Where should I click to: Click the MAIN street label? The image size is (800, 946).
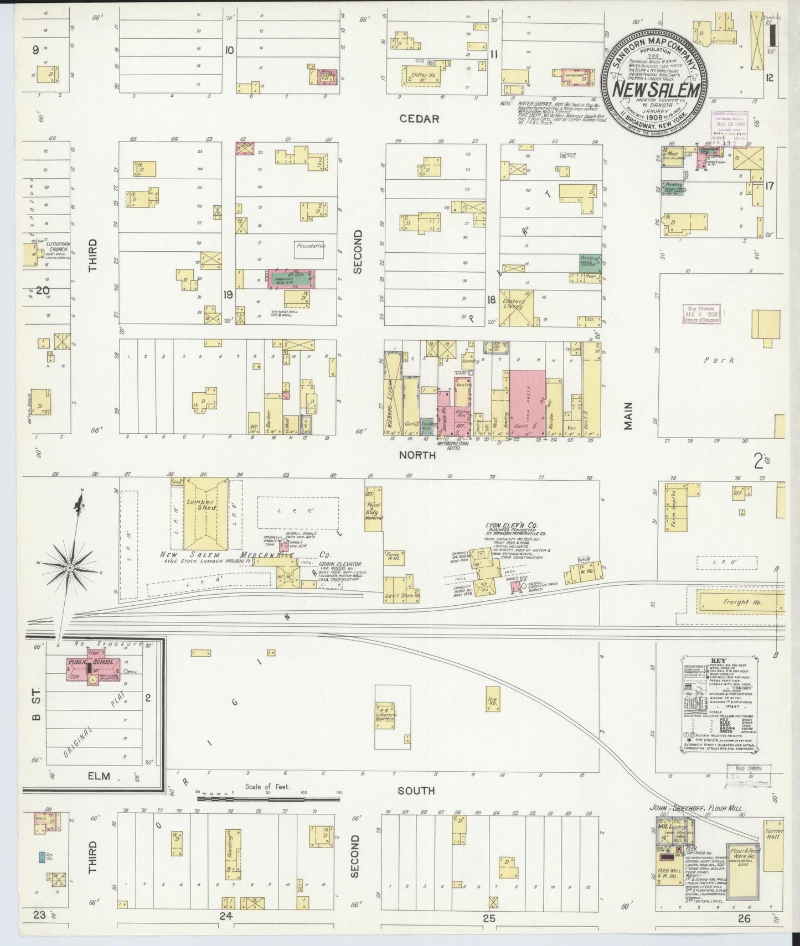[x=628, y=415]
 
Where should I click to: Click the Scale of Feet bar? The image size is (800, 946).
[x=269, y=799]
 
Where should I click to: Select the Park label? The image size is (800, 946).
[x=719, y=360]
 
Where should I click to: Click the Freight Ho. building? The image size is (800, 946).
[x=739, y=602]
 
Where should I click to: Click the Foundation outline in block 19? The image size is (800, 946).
[x=310, y=247]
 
